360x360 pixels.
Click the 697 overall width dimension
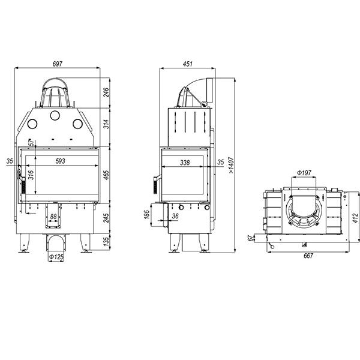58,64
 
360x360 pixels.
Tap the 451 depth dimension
188,64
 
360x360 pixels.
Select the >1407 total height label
231,166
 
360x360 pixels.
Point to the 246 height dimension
106,92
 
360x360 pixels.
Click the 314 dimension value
106,124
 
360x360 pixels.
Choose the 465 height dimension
106,175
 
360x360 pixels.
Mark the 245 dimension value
106,218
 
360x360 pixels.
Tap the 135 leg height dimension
106,242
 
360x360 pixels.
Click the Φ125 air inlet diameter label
56,257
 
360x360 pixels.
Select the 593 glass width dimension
61,161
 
